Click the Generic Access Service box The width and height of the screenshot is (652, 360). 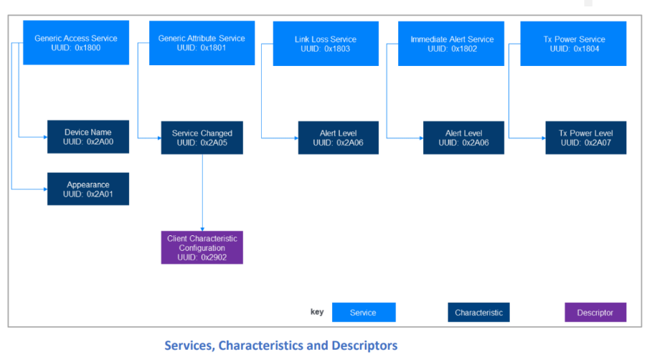[76, 42]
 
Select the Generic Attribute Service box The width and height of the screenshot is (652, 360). [202, 43]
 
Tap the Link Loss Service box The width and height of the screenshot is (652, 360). [326, 44]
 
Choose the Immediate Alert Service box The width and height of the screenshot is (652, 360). [451, 44]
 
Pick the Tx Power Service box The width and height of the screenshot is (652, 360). [573, 44]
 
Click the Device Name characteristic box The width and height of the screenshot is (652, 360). [88, 137]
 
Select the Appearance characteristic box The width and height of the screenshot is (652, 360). [88, 189]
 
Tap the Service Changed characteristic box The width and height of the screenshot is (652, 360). [202, 138]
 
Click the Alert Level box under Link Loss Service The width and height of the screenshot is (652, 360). [339, 138]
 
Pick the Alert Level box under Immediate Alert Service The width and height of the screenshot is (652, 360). [463, 138]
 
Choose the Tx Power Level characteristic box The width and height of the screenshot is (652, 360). [586, 138]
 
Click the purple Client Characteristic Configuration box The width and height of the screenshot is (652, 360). [202, 247]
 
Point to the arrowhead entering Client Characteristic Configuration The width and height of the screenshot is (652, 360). [202, 229]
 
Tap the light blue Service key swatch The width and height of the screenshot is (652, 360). [364, 312]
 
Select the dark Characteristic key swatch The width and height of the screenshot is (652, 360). [478, 312]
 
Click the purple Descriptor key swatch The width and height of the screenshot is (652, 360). [595, 312]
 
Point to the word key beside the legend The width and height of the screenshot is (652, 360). [317, 312]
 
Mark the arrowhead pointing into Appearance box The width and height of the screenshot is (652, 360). [45, 189]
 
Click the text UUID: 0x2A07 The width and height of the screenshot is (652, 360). [586, 143]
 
